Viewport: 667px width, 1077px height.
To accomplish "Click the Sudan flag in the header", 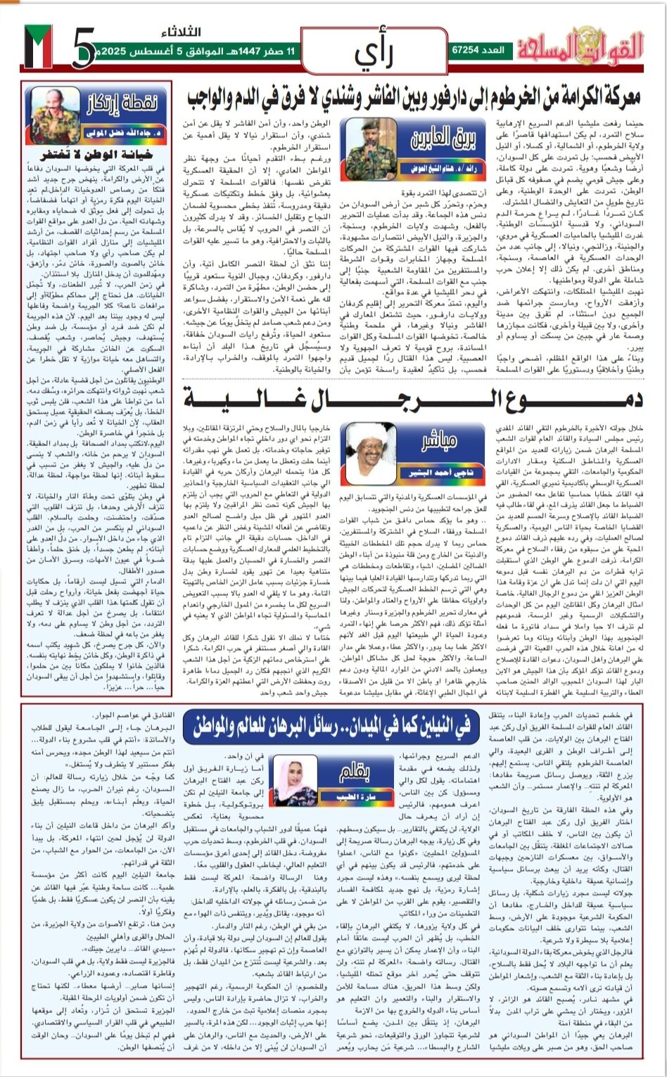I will (38, 47).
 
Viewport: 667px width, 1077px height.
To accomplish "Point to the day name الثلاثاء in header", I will (184, 33).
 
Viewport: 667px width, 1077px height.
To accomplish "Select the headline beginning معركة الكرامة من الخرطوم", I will (415, 97).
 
